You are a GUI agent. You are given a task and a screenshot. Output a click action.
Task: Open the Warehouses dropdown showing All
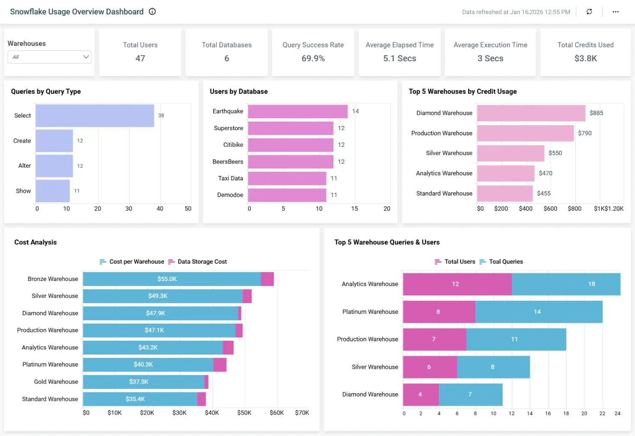point(49,57)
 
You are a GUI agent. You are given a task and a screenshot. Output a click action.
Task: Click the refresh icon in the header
point(589,12)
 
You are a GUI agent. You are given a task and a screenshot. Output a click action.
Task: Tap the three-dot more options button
point(615,12)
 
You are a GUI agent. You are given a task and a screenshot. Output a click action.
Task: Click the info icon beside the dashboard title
point(152,12)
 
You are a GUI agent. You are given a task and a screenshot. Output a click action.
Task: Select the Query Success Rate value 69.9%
point(313,58)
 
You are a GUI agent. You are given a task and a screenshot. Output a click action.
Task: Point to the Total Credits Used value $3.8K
point(585,58)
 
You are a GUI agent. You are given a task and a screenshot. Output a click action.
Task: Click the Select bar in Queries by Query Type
point(95,116)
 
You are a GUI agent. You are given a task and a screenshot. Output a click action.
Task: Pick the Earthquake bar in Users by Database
point(297,111)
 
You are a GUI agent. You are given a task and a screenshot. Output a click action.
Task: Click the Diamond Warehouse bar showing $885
point(531,113)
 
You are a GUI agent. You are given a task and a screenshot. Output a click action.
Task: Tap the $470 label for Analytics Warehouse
point(545,173)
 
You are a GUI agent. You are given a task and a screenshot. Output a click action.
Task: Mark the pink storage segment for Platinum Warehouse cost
point(220,364)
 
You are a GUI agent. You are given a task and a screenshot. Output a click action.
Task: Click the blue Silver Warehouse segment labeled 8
point(493,367)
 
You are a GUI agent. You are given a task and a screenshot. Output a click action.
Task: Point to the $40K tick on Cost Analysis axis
point(212,413)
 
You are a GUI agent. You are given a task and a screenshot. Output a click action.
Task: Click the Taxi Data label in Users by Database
point(230,178)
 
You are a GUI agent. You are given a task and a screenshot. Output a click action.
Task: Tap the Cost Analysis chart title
point(36,242)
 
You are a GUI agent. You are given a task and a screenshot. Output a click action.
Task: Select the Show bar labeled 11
point(53,191)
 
